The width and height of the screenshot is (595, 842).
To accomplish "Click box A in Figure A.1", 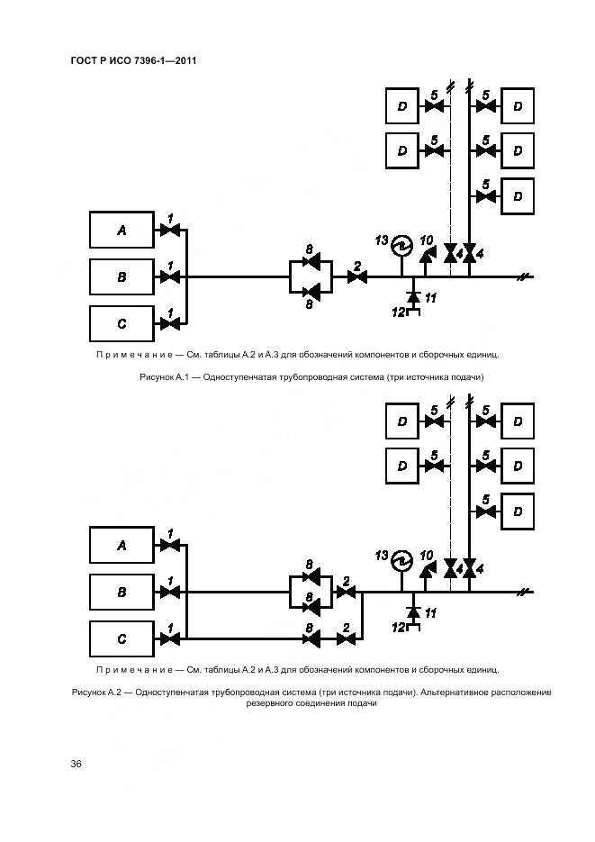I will (x=122, y=231).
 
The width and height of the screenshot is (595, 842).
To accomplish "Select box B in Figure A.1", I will (x=122, y=277).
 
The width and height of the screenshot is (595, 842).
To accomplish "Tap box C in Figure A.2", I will (x=122, y=639).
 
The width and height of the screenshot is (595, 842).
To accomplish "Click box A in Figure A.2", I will (x=122, y=545).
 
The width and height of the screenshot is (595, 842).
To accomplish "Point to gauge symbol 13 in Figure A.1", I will (x=401, y=244).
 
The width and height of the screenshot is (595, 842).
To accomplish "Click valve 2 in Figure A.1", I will (x=356, y=277).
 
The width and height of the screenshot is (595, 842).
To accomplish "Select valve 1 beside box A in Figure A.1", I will (x=169, y=231).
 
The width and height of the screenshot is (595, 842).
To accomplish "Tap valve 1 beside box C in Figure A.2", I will (x=169, y=639).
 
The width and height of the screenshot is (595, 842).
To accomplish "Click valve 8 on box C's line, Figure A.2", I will (x=311, y=639).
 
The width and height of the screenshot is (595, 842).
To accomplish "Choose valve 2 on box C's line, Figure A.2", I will (x=345, y=639).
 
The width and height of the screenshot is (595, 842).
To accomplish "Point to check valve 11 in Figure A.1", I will (x=413, y=296).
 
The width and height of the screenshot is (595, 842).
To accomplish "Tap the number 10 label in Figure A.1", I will (x=427, y=240).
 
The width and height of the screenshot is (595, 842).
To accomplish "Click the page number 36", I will (x=77, y=764).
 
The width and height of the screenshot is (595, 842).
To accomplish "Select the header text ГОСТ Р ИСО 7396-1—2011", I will (x=133, y=61).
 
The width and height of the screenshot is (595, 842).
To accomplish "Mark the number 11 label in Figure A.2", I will (x=430, y=612).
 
